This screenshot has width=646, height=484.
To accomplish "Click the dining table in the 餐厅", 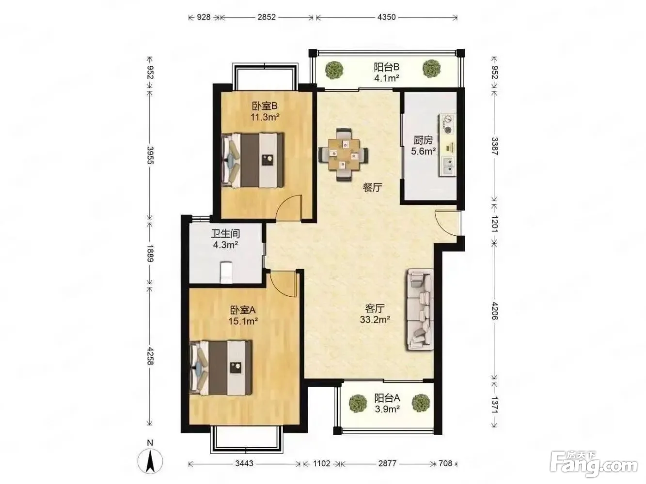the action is pos(343,154).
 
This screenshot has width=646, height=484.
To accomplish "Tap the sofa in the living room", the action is pos(420,309).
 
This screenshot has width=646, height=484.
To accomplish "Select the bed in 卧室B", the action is pos(253,160).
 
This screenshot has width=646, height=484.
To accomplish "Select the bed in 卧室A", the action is pos(221,367).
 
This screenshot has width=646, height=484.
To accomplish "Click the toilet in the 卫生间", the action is pos(226,272).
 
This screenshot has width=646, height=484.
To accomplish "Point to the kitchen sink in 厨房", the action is pos(448,166).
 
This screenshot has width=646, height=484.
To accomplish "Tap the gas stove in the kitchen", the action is pos(448,124).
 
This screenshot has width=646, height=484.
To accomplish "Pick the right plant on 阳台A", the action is pos(421,403).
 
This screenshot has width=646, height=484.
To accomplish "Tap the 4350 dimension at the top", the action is pos(387,17).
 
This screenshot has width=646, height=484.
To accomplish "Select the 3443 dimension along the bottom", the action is pos(244,464).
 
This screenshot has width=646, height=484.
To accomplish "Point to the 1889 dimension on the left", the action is pos(150,253).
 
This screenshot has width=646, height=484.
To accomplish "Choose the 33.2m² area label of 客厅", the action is pos(375,319).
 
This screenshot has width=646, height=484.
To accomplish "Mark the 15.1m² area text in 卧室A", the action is pos(243,321).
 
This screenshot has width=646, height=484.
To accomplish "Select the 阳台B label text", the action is pos(386,67).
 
